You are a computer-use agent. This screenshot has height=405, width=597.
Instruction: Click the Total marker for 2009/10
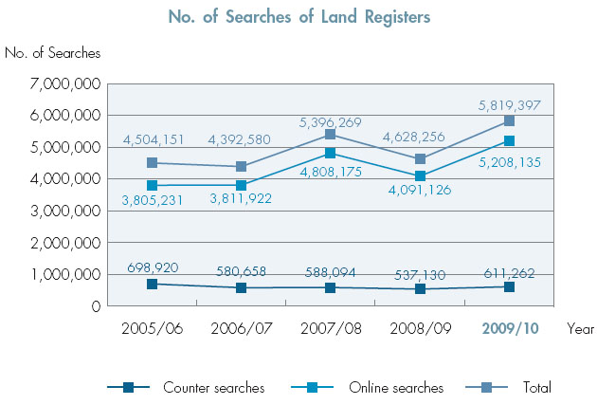coord(509,120)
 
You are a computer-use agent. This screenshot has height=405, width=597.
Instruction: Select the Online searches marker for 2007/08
coord(330,153)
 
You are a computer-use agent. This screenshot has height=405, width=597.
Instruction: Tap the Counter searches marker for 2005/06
coord(152,284)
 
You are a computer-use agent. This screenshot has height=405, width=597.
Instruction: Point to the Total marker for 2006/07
coord(241,166)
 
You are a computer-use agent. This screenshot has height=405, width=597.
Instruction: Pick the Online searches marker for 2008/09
coord(420,175)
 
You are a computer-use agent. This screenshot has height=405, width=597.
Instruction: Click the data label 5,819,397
coord(508,105)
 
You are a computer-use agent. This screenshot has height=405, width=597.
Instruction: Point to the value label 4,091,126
coord(420,191)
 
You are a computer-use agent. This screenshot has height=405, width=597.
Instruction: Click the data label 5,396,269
coord(330,121)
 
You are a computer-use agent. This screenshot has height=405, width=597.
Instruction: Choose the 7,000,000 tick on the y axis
coord(66,84)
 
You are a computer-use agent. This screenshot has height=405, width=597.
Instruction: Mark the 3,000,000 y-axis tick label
coord(66,211)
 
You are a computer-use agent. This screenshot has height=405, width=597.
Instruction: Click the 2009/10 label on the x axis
coord(509,329)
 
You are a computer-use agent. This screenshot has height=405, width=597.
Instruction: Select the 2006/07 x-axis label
coord(241,329)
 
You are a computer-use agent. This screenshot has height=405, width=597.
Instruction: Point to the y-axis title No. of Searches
coord(52,53)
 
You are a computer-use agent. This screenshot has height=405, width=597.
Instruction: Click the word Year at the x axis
coord(580,329)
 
